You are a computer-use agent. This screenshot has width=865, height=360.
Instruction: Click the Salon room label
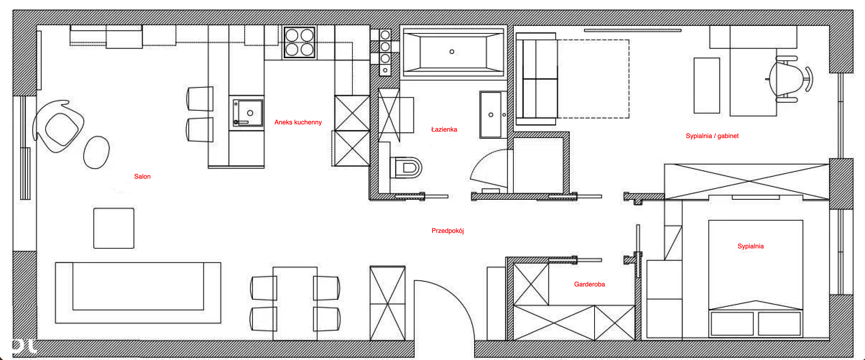pyautogui.click(x=142, y=176)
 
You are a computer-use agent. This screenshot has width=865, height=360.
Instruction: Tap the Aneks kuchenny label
pyautogui.click(x=298, y=122)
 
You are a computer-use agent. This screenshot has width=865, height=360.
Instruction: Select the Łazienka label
pyautogui.click(x=444, y=129)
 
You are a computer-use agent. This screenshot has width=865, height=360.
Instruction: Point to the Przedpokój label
pyautogui.click(x=448, y=231)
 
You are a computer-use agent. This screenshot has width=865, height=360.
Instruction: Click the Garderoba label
pyautogui.click(x=589, y=284)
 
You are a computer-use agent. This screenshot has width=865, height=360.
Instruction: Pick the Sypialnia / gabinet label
pyautogui.click(x=712, y=136)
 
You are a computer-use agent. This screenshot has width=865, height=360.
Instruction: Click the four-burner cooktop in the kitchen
pyautogui.click(x=300, y=42)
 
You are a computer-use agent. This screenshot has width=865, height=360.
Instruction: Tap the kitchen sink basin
pyautogui.click(x=248, y=113)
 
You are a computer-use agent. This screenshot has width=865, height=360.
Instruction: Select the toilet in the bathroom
pyautogui.click(x=406, y=167)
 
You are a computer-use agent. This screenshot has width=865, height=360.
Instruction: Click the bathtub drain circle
pyautogui.click(x=452, y=52)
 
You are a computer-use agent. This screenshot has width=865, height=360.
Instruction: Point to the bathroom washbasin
pyautogui.click(x=491, y=115)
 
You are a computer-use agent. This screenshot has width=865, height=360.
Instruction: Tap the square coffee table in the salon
pyautogui.click(x=114, y=228)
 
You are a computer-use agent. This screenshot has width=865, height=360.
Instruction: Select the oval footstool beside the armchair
pyautogui.click(x=96, y=152)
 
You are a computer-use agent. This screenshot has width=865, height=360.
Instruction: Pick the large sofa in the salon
pyautogui.click(x=138, y=293)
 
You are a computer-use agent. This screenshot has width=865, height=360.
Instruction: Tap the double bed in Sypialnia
pyautogui.click(x=756, y=279)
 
